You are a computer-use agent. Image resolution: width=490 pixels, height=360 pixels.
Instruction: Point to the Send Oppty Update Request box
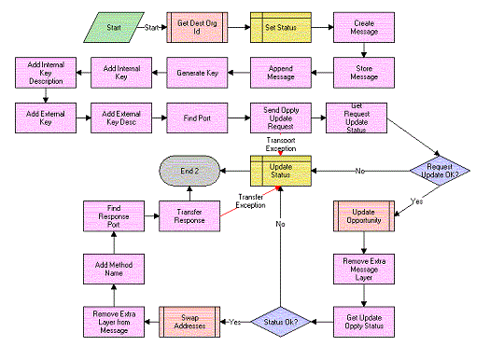[278, 118]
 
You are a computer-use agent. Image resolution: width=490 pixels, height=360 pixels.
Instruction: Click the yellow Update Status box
[278, 171]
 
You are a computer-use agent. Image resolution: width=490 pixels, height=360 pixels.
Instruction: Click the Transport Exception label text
[280, 144]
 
